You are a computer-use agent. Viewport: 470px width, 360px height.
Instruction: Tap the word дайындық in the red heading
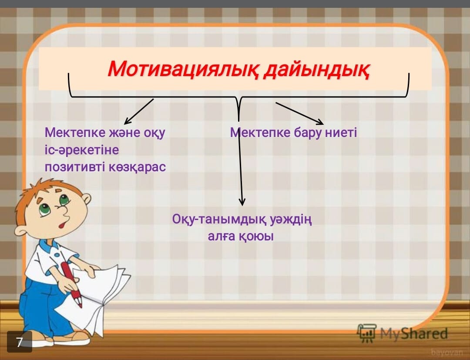(x=316, y=69)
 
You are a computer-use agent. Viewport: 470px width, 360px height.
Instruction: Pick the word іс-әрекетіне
(x=81, y=150)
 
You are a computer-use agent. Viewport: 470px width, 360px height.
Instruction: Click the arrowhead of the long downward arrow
(x=242, y=202)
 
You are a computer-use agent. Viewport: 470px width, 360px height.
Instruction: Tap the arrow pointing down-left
(x=138, y=111)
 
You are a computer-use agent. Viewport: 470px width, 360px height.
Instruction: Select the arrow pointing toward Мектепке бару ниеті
(x=299, y=113)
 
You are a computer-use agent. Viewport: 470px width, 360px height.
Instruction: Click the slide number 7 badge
(x=20, y=342)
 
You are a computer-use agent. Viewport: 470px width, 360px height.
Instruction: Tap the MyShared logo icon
(x=367, y=333)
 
